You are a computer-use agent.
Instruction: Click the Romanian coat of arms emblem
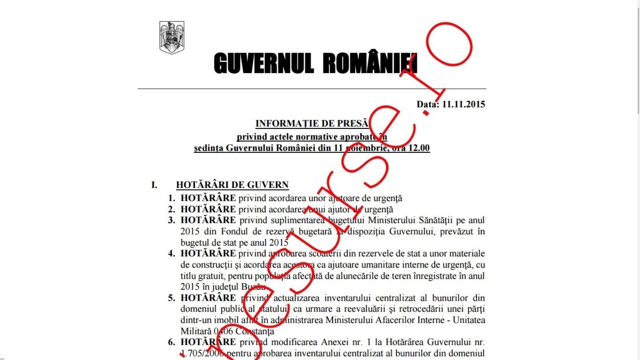click(x=172, y=37)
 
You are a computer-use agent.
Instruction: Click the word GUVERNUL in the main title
click(x=264, y=64)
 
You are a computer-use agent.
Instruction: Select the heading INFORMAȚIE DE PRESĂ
click(x=312, y=124)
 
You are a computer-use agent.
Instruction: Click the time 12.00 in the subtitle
click(x=419, y=148)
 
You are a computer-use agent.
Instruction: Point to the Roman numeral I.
click(x=154, y=185)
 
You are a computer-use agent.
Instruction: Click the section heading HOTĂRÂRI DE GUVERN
click(x=232, y=185)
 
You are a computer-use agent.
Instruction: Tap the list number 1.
click(x=172, y=198)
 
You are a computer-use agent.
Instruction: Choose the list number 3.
click(x=172, y=220)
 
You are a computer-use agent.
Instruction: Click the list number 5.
click(x=172, y=298)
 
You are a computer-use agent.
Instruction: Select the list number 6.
click(x=172, y=342)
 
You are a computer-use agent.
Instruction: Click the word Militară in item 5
click(x=195, y=332)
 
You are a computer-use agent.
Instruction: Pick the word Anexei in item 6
click(x=334, y=342)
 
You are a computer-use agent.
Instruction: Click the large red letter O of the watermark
click(x=449, y=44)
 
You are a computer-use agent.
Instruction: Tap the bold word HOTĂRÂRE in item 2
click(x=208, y=210)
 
